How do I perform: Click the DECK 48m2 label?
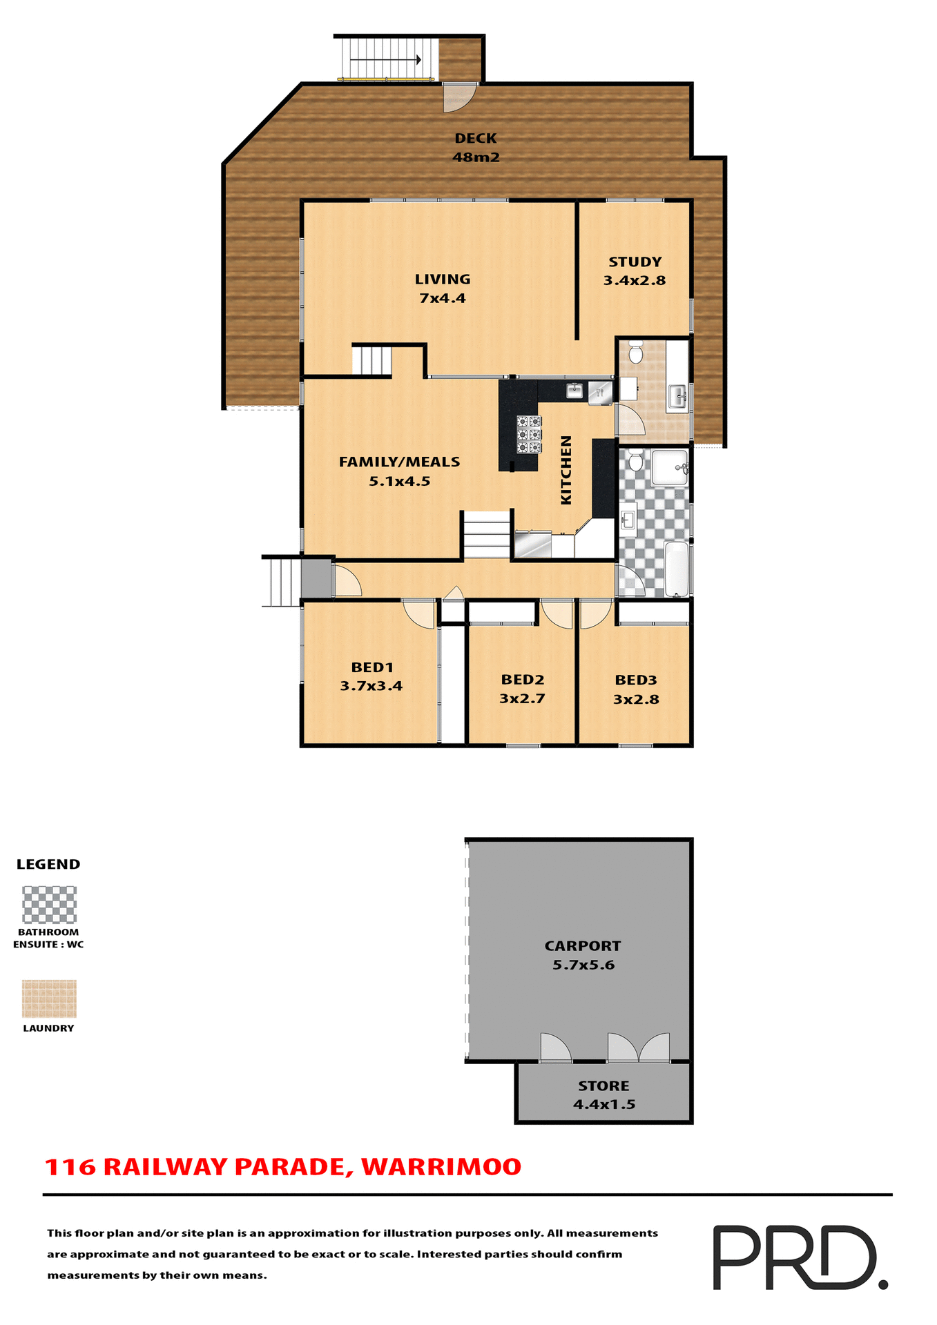[476, 148]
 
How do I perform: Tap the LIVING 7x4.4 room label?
[443, 288]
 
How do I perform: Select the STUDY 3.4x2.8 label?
[635, 271]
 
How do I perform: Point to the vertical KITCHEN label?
[566, 469]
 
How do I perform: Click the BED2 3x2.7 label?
[523, 689]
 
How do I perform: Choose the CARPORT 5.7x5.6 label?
[583, 955]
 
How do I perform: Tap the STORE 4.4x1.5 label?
[604, 1095]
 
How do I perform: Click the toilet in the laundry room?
[636, 353]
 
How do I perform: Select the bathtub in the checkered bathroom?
[677, 569]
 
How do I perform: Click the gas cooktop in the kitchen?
[529, 434]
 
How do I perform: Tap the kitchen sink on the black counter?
[574, 391]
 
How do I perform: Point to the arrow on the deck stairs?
[385, 60]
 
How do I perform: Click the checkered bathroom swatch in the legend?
[49, 905]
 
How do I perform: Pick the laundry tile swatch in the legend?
[49, 999]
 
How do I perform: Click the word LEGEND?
[48, 864]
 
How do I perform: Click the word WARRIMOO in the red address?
[441, 1167]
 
